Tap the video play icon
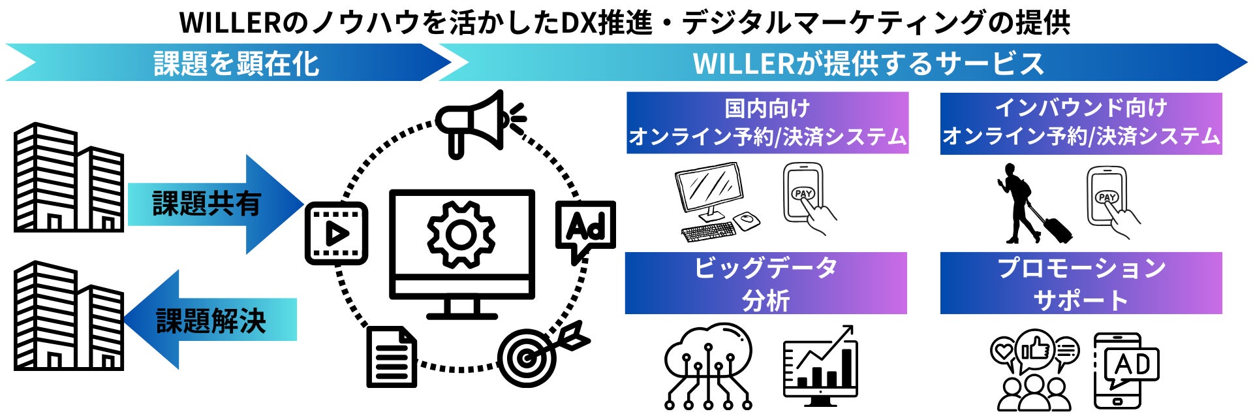pos(336,233)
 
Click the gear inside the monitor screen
pos(461,234)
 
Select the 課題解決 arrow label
pos(211,321)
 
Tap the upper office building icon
pos(69,178)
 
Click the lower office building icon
pos(69,316)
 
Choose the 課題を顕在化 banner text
pos(236,63)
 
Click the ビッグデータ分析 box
pos(766,283)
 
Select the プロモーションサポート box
pos(1081,283)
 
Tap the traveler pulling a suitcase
pos(1031,204)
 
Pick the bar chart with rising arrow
pos(820,366)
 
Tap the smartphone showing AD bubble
pos(1124,370)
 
